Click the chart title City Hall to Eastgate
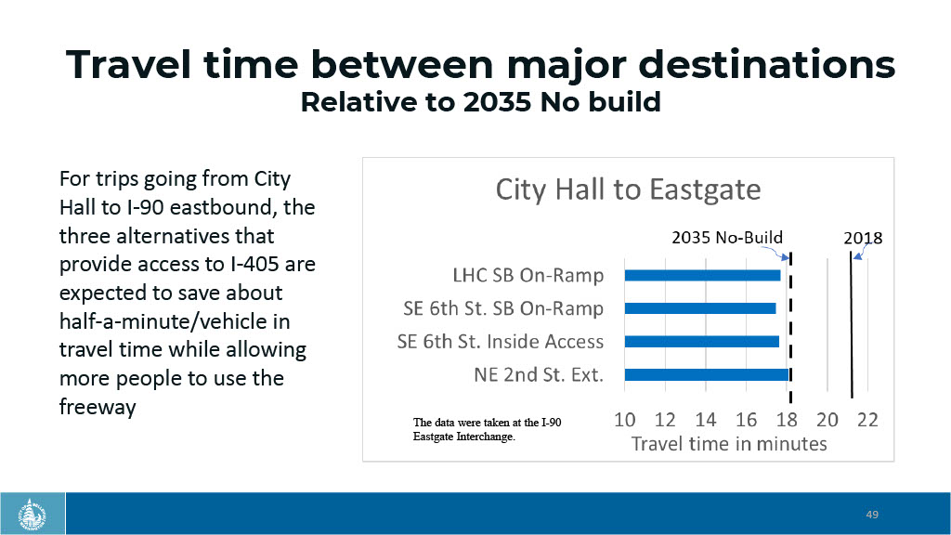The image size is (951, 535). coord(628,189)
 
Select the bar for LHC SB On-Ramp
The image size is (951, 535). coord(703,275)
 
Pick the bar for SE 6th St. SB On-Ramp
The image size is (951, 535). coord(700,308)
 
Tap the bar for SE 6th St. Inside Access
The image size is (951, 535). coord(702,341)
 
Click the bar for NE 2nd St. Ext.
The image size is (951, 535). coord(707,374)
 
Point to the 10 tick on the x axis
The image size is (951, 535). coord(625,420)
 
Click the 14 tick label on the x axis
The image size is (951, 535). coord(706,420)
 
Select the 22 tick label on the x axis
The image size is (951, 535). coord(867,420)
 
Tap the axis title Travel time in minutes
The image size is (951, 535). coord(729,443)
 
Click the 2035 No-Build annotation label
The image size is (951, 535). coord(726,237)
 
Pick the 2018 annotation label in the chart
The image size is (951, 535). coord(862,238)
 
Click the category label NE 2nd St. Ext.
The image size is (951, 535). coord(539,375)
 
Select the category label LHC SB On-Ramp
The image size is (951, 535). coord(528,276)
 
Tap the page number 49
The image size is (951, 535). coord(872,515)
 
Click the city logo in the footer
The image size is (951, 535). coord(33,514)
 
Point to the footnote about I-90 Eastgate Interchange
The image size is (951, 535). coord(487,429)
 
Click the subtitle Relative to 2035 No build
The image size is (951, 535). coord(480,102)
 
